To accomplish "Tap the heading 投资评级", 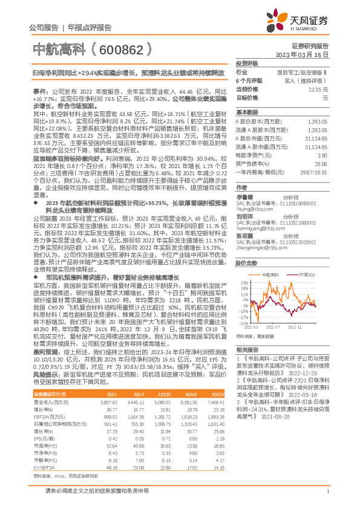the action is tap(247, 63).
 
